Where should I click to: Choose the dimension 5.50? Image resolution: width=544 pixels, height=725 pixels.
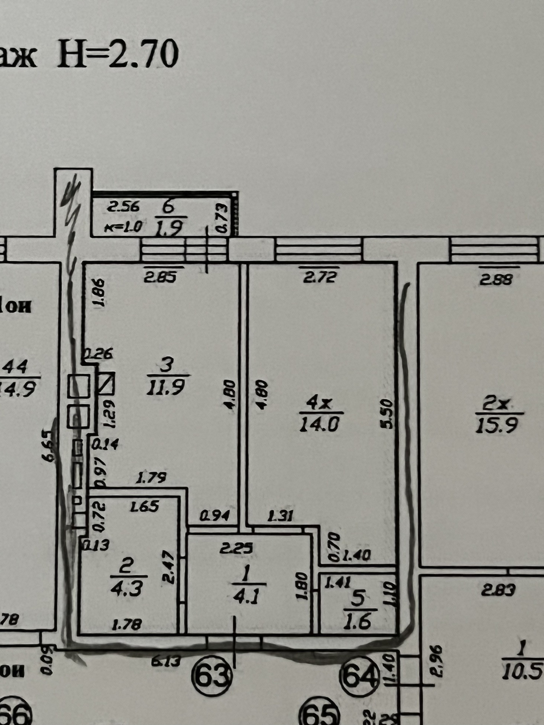click(388, 414)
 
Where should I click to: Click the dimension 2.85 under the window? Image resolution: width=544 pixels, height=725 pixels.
click(160, 277)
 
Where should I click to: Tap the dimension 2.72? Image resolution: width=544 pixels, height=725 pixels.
click(320, 277)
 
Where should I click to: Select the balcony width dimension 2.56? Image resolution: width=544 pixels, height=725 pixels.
click(123, 207)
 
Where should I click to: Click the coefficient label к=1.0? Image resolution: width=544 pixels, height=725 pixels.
click(123, 227)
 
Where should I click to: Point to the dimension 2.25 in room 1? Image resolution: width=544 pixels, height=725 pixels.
click(236, 548)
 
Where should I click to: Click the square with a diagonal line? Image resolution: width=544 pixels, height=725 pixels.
click(107, 384)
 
